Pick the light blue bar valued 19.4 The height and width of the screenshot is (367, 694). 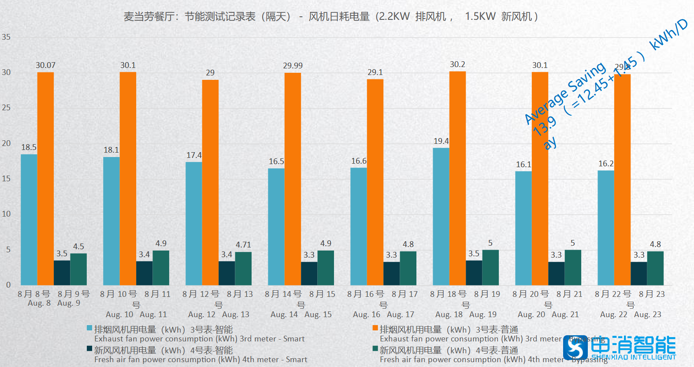click(x=441, y=216)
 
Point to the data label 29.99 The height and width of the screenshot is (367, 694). click(x=293, y=66)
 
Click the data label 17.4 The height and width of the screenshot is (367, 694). click(x=194, y=155)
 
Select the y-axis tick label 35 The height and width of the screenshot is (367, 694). click(x=6, y=37)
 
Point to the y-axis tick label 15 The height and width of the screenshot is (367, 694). click(x=6, y=179)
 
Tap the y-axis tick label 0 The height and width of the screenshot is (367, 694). click(x=8, y=285)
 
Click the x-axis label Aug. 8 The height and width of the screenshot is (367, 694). click(x=39, y=303)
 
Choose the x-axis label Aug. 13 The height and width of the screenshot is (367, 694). click(x=236, y=315)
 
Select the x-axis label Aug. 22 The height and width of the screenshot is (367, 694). click(x=613, y=315)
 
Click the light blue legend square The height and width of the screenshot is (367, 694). click(x=89, y=328)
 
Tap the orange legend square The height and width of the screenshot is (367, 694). click(x=375, y=328)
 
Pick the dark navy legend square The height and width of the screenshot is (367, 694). click(x=89, y=348)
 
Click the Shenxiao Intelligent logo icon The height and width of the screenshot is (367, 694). click(x=575, y=348)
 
